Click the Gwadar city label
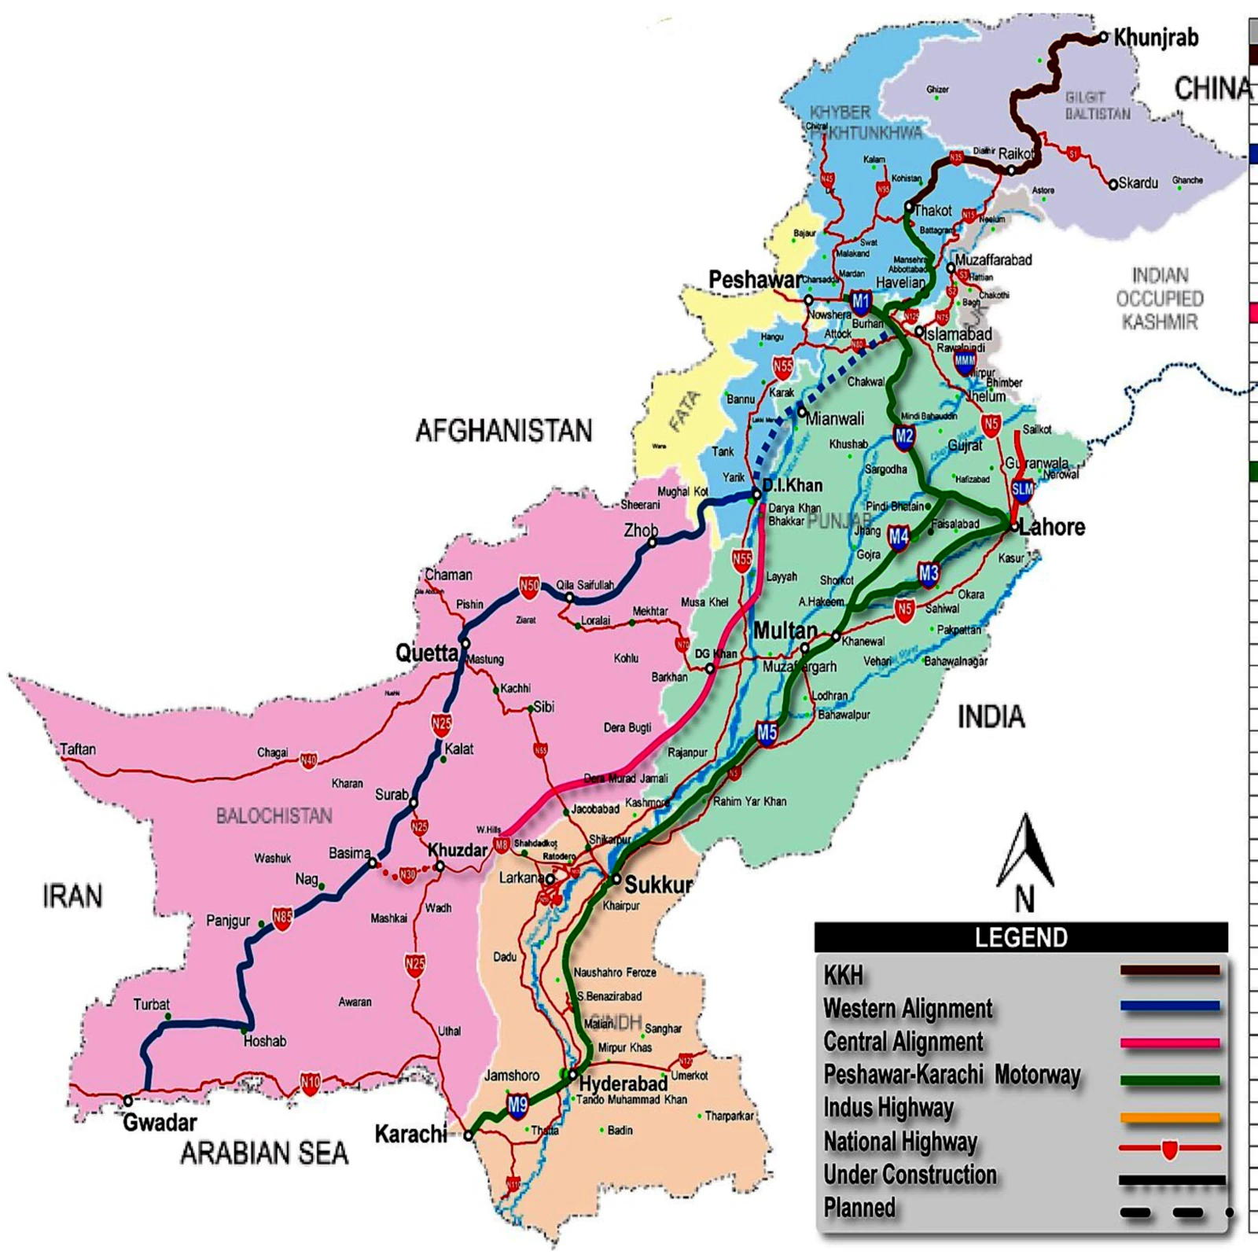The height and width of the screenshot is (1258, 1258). point(159,1123)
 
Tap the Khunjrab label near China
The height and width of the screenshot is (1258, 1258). point(1155,37)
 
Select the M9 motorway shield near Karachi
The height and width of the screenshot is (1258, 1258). point(517,1106)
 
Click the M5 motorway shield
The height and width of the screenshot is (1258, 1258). point(767,734)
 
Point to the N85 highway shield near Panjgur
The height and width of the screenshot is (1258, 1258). point(282,917)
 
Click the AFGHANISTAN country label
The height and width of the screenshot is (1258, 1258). point(503,431)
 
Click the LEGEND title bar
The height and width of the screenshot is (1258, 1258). point(1021,937)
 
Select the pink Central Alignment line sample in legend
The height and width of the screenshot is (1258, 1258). point(1170,1043)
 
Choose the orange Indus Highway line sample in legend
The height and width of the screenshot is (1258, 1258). point(1170,1117)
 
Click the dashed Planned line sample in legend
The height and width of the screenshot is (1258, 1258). point(1172,1213)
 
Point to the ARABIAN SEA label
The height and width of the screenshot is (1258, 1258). point(264,1153)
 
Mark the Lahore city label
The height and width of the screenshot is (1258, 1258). point(1051,527)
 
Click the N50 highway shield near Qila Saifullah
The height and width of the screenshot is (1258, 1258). point(529,586)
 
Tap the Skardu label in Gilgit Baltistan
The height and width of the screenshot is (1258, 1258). point(1138,183)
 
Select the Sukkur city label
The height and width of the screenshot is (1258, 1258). point(658,885)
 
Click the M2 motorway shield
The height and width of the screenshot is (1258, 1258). point(903,437)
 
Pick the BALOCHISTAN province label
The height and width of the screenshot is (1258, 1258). point(274,816)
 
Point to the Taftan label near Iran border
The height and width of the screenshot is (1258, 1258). point(78,749)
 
